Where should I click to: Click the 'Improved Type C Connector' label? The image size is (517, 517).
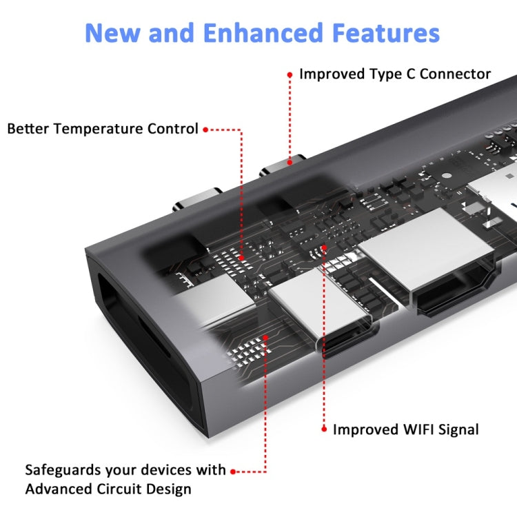(394, 74)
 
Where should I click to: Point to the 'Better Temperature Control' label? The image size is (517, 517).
(103, 129)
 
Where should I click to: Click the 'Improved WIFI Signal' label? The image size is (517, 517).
(405, 429)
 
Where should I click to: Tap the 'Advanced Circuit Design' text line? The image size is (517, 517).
(108, 489)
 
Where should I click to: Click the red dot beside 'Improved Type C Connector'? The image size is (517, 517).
(290, 74)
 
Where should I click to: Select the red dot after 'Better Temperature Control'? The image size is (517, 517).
(205, 129)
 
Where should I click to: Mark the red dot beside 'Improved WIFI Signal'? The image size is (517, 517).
(324, 429)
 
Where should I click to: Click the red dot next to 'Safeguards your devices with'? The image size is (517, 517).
(233, 472)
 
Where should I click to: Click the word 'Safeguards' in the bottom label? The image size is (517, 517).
(62, 470)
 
